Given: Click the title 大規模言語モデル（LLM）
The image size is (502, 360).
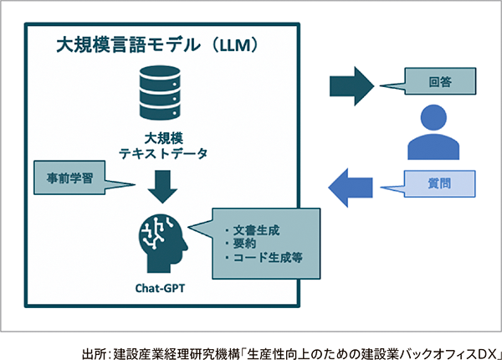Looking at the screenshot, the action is point(156,45).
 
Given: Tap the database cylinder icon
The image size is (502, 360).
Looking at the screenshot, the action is point(160,93).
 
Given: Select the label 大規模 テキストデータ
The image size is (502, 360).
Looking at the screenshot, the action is point(163,147).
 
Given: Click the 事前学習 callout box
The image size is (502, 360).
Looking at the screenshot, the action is point(69,177).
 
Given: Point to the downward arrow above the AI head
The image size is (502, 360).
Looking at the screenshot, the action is point(162,187).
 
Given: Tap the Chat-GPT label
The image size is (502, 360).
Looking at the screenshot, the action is point(160,288).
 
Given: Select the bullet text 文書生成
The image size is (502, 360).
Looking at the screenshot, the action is point(256,230).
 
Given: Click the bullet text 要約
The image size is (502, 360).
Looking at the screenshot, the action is point(244,244).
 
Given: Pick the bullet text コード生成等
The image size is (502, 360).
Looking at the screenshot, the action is point(268,258).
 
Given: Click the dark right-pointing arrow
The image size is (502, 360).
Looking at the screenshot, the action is point(352,86).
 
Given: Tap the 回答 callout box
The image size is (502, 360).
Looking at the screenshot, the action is point(440,81).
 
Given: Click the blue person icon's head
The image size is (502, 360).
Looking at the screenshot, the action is point(433,117).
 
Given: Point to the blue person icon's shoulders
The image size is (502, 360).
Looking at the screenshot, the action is point(433,147).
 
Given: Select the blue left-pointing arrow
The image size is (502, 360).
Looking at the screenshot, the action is point(351,188).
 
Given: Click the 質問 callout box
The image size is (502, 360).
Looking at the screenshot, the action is point(439,183).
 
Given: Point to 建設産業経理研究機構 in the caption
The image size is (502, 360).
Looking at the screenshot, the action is point(177,354).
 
